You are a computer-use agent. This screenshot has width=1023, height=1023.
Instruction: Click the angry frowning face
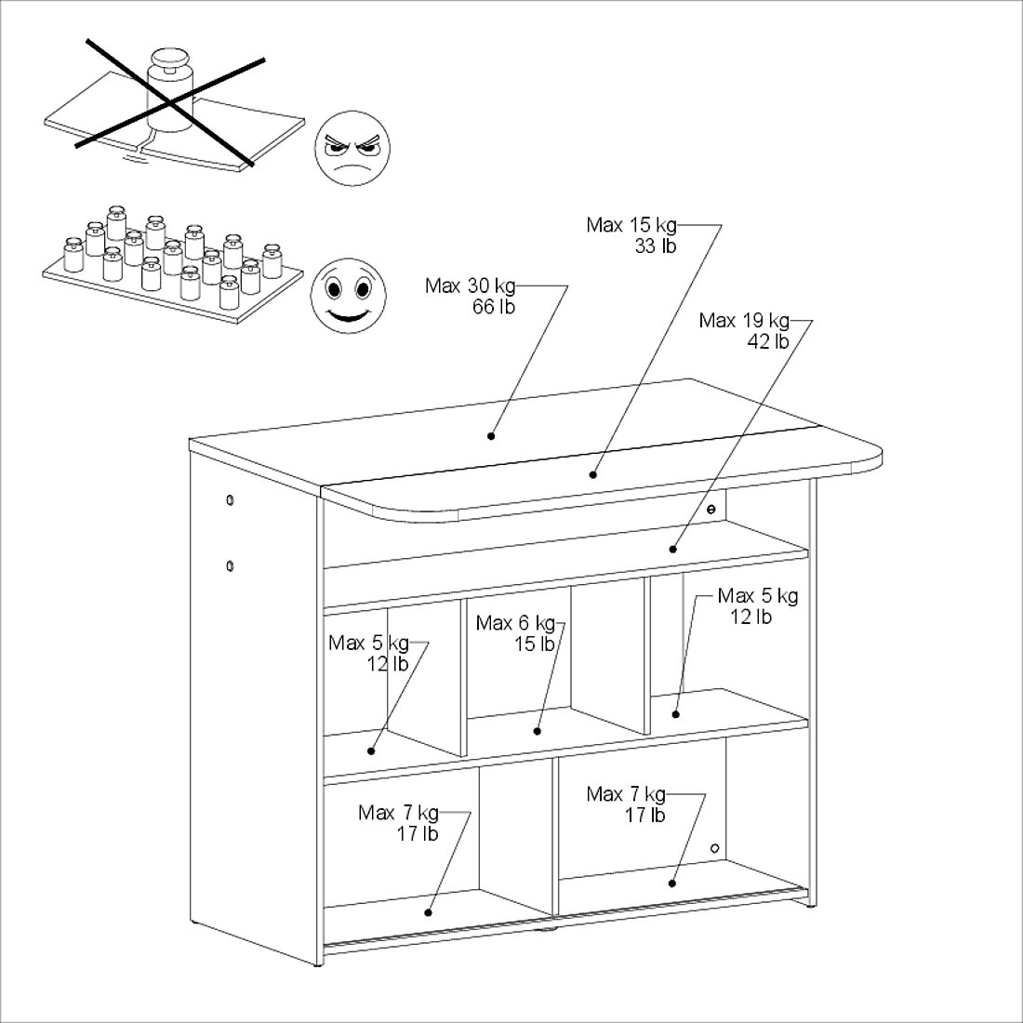click(352, 148)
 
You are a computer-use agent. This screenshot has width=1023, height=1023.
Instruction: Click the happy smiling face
click(349, 296)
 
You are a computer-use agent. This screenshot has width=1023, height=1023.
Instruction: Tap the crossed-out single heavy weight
click(170, 90)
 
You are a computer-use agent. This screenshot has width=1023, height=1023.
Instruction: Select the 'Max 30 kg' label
click(470, 286)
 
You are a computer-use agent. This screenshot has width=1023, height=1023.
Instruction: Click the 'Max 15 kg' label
click(631, 225)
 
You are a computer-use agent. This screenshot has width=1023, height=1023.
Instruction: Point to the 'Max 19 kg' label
click(744, 320)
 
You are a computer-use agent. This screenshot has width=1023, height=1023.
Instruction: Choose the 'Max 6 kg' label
click(515, 623)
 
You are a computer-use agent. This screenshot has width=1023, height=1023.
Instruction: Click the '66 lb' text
click(494, 307)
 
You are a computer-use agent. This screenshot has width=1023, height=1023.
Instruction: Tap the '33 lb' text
click(656, 246)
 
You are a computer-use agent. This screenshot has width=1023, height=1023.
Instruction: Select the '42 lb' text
click(768, 341)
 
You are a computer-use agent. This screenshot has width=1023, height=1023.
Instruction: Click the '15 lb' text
click(535, 644)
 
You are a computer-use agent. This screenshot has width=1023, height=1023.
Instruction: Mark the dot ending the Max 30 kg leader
click(491, 436)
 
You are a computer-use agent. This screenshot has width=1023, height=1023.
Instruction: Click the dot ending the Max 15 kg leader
click(593, 474)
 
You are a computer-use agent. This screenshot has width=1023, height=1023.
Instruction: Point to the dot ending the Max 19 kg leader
click(673, 549)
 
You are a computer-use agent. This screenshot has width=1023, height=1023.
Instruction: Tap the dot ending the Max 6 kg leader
click(538, 731)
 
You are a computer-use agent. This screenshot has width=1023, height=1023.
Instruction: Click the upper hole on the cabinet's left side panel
click(230, 500)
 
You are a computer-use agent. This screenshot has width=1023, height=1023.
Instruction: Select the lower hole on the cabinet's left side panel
click(230, 565)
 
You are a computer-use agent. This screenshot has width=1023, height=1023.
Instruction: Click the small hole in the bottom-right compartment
click(714, 848)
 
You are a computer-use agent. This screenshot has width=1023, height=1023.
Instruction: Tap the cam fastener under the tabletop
click(711, 510)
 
